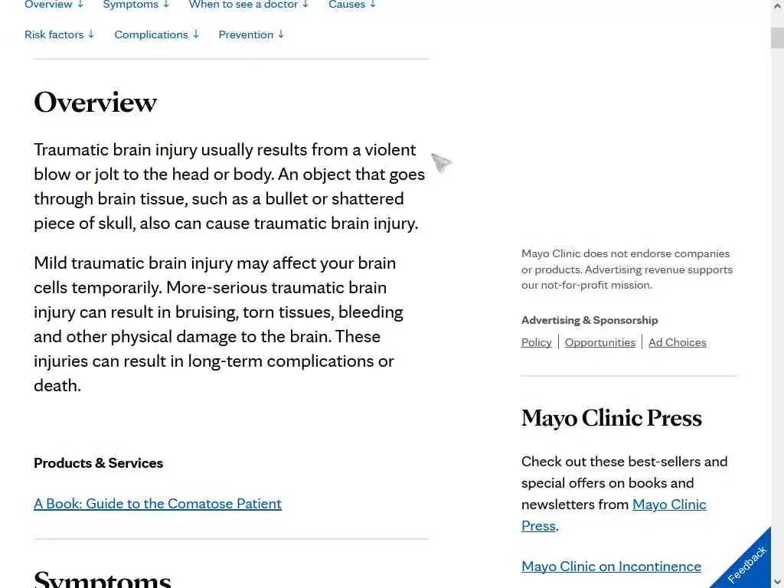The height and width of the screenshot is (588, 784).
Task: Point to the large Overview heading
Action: pos(95,102)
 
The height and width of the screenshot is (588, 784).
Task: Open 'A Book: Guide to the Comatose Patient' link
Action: pos(158,504)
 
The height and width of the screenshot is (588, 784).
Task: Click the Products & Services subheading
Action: pos(98,463)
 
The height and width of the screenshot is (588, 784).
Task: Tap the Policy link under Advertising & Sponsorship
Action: pos(536,342)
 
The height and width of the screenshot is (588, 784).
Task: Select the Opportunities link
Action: pos(600,342)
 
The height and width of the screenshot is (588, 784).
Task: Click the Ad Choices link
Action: pos(677,342)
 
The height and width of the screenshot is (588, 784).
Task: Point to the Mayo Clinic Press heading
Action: pos(611,418)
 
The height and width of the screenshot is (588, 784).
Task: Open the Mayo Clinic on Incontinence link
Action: pos(611,567)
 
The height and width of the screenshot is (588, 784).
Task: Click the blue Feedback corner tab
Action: pos(747,564)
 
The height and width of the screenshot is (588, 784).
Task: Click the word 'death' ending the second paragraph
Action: pos(56,386)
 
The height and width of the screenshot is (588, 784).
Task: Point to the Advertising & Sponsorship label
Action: pos(590,320)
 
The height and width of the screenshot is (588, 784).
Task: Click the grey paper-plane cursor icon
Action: pos(441,162)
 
